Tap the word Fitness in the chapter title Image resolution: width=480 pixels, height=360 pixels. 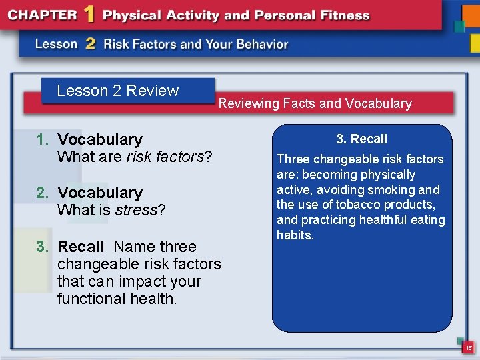341,15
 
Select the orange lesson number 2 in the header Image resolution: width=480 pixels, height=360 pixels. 90,44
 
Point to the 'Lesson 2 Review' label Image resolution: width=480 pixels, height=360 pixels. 118,91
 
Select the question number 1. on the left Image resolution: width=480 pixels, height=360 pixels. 43,139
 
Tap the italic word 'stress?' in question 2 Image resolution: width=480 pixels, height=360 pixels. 141,210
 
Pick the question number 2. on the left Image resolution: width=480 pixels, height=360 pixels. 43,193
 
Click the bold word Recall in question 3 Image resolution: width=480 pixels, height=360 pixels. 81,247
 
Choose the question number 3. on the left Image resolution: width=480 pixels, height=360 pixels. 43,247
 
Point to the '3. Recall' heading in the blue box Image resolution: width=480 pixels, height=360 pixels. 361,139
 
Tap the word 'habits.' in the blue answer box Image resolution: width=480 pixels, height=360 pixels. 295,235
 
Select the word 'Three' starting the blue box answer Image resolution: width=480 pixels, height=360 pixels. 293,159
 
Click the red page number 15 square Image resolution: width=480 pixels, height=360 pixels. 469,347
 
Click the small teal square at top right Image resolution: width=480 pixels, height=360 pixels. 459,26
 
